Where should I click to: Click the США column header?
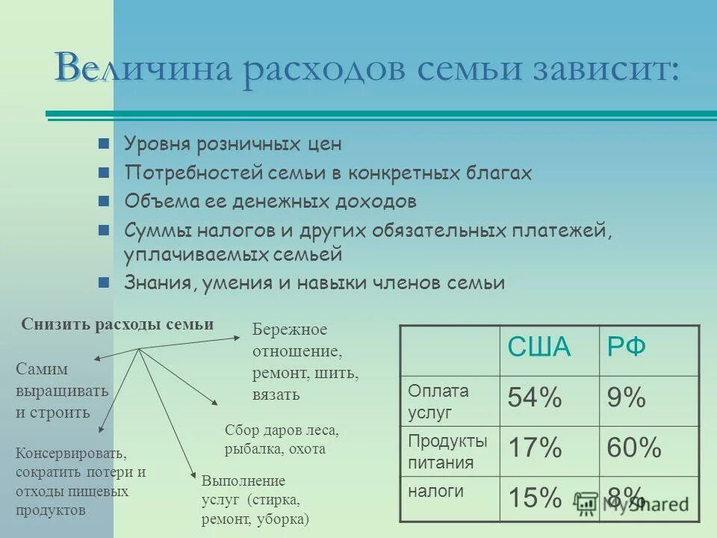tap(539, 347)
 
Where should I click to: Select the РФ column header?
tap(627, 347)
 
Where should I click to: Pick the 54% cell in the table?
tap(535, 398)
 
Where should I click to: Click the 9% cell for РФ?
tap(627, 398)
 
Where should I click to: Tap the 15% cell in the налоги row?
tap(535, 497)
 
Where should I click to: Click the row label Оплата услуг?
tap(438, 401)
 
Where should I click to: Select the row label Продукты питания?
tap(447, 451)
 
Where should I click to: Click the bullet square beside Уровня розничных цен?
tap(105, 144)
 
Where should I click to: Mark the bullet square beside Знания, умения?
tap(105, 283)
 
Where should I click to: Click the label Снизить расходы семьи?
tap(117, 324)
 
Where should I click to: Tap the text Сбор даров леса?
tap(282, 430)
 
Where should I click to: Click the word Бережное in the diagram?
tap(290, 330)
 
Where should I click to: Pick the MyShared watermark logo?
tap(632, 503)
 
